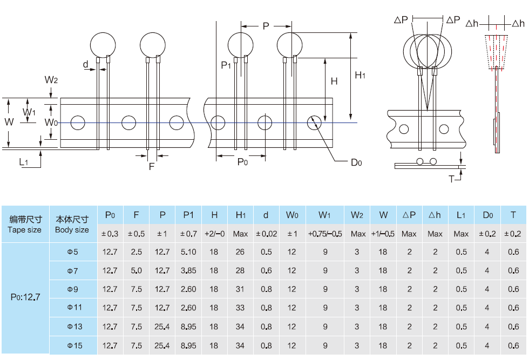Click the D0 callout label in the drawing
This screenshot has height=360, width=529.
click(356, 162)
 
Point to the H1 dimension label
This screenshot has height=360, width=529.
click(360, 76)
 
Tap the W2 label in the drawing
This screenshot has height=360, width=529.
click(51, 80)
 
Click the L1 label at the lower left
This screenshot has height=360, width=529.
click(24, 161)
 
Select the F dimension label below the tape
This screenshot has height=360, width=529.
click(152, 166)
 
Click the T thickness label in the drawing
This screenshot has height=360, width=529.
click(451, 178)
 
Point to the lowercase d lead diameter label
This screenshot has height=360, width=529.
click(85, 65)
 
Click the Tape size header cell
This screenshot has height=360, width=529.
click(25, 225)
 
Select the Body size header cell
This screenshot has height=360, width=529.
click(72, 225)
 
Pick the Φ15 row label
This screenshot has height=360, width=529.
click(74, 345)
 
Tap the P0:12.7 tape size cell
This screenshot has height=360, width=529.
click(25, 296)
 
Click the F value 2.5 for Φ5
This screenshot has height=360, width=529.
click(137, 252)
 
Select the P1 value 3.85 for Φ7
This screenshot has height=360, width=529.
click(188, 270)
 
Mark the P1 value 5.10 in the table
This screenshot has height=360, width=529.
click(188, 252)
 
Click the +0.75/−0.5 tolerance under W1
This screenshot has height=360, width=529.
click(324, 234)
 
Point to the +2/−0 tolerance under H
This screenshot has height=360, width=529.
click(214, 234)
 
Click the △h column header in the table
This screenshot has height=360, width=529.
click(435, 215)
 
